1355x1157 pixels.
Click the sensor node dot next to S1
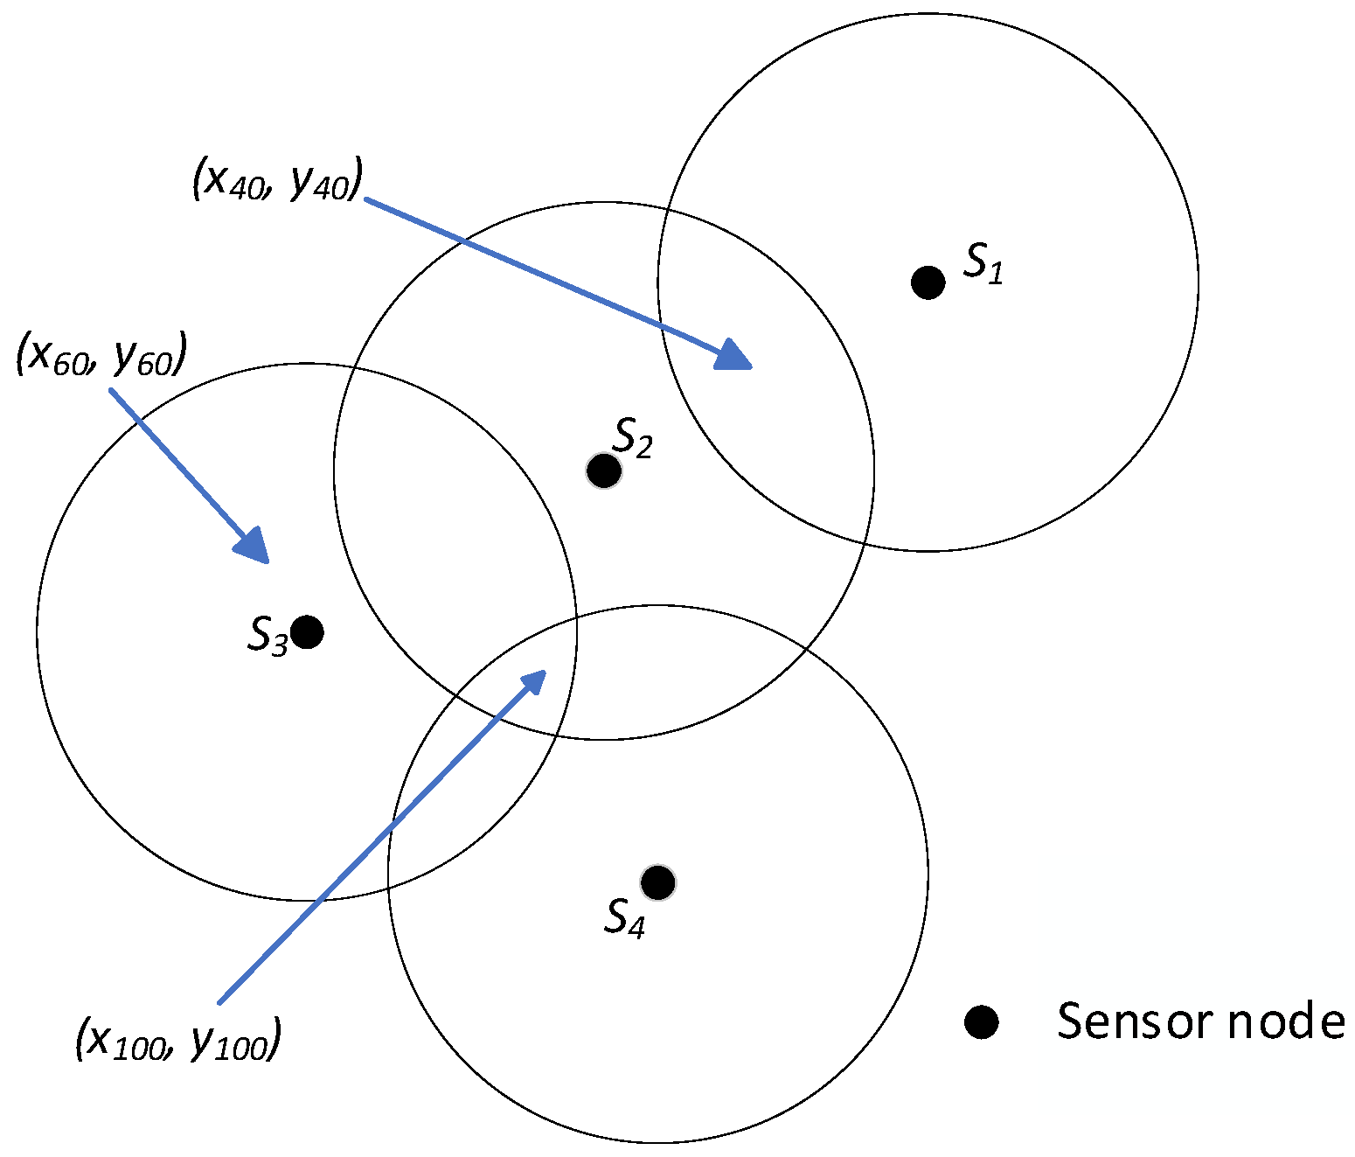[928, 282]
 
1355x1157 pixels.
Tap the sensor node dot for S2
[603, 471]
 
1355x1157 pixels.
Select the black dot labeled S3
[307, 631]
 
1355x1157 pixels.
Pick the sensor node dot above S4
[657, 882]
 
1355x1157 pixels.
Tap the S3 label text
[268, 635]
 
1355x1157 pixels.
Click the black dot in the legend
[981, 1021]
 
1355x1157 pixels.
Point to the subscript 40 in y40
[332, 189]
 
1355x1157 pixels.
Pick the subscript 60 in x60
[70, 364]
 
